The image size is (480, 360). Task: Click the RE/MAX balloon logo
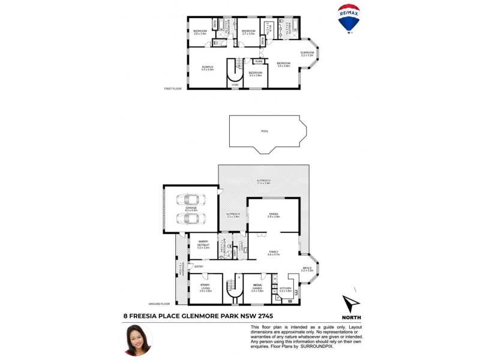[349, 19]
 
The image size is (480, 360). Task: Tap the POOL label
[265, 131]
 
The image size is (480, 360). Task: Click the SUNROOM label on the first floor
[307, 53]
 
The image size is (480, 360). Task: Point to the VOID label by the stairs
[235, 85]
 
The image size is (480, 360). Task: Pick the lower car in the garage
[190, 218]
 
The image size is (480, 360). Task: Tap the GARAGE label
[191, 208]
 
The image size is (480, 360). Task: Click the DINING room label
[274, 214]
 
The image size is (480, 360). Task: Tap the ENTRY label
[199, 267]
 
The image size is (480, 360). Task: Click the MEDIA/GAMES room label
[258, 289]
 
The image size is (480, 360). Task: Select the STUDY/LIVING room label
[206, 289]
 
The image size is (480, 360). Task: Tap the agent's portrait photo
[136, 340]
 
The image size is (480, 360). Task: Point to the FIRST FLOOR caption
[173, 89]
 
